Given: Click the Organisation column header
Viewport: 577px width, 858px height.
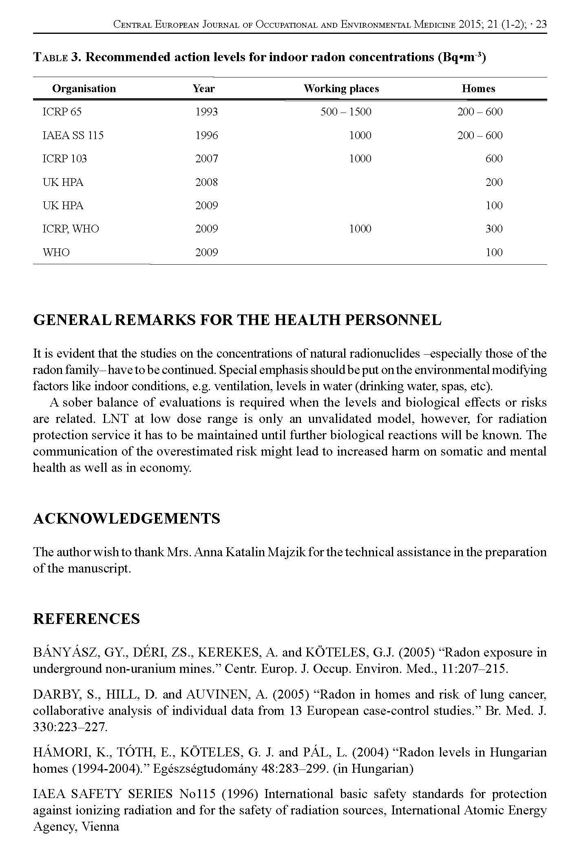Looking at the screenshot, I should (x=84, y=89).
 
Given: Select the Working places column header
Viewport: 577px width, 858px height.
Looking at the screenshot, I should (x=341, y=89).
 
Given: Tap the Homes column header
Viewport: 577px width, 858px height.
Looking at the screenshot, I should (x=478, y=89).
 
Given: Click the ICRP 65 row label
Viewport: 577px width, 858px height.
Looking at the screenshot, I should (x=62, y=112).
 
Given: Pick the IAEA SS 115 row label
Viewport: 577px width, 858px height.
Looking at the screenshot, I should (x=73, y=135).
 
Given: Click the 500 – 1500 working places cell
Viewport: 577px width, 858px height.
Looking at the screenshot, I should (x=346, y=112).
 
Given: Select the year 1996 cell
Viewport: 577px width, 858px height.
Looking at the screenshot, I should (x=206, y=135).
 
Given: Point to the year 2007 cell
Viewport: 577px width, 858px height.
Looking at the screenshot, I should (x=206, y=159).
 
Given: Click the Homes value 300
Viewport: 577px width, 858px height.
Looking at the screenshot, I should (x=494, y=229).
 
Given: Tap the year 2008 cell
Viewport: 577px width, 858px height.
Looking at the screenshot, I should (x=206, y=182).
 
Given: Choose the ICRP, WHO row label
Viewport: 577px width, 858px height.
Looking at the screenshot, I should (x=71, y=229).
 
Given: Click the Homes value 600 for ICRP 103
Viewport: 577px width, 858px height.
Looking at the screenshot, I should (x=494, y=159).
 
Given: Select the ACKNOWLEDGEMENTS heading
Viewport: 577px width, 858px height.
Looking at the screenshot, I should (x=126, y=519).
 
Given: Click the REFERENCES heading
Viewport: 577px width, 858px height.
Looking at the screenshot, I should (x=86, y=619).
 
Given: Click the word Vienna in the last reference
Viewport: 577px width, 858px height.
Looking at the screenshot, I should (x=100, y=827).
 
